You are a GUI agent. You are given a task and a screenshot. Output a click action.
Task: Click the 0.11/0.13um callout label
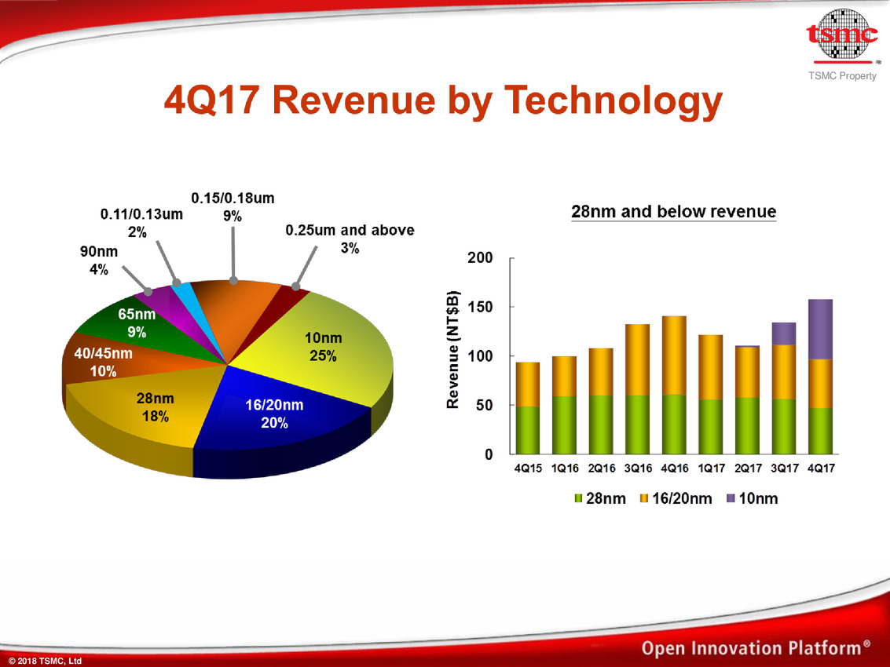point(141,223)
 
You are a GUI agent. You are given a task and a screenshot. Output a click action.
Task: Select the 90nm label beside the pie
point(99,261)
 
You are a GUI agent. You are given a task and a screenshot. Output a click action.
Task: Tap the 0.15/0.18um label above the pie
point(233,207)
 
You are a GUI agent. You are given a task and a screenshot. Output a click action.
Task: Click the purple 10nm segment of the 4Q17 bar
point(820,329)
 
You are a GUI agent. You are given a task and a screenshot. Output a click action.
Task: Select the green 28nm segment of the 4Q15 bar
point(528,430)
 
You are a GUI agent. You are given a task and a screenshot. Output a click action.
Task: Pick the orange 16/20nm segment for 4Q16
point(674,355)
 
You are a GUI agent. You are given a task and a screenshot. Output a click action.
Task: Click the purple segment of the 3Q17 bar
point(784,333)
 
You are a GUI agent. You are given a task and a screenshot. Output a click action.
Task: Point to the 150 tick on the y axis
point(480,307)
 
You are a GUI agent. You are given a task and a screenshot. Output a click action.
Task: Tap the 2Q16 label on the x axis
point(601,468)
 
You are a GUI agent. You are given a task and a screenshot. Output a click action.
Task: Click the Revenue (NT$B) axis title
point(452,349)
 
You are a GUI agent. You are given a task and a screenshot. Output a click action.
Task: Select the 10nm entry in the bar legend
point(752,498)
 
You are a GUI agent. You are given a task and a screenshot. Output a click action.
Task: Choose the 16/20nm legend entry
point(676,498)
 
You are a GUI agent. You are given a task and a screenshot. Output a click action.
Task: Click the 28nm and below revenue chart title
point(674,212)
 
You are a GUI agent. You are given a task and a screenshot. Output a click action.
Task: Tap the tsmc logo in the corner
point(843,36)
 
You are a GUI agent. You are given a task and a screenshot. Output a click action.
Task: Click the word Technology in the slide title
point(613,101)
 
